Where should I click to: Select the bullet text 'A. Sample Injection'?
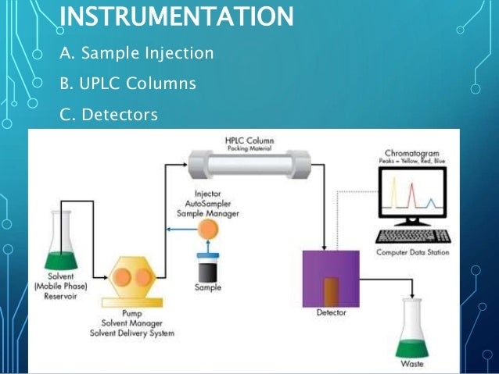[x=136, y=54]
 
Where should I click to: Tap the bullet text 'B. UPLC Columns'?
[x=127, y=84]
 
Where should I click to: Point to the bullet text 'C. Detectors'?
[x=109, y=115]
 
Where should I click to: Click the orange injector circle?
[x=210, y=230]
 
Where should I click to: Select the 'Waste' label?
[x=415, y=363]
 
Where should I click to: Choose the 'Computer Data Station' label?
[x=412, y=251]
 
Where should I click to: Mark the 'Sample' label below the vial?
[x=207, y=287]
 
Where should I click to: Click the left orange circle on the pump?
[x=124, y=279]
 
